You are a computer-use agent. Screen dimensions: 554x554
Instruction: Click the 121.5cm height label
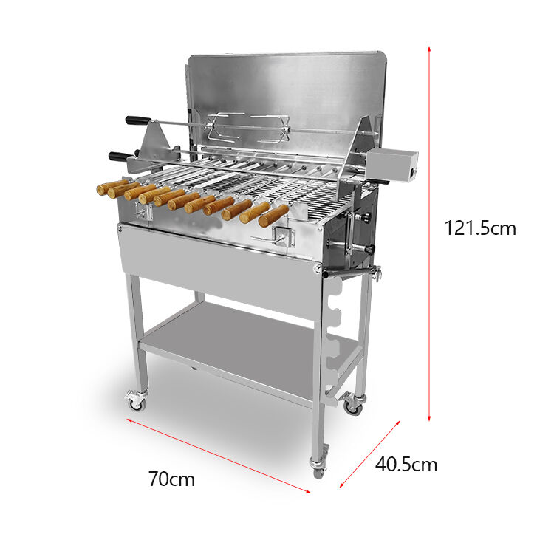pos(480,228)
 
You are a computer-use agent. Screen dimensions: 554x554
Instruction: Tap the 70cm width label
pos(171,479)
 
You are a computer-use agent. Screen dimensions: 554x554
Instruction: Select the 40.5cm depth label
pos(406,465)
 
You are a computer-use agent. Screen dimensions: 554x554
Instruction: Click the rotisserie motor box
pos(393,165)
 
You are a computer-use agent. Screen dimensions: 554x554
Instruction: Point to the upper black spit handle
pos(138,120)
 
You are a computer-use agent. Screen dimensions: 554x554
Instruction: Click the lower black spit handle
pos(121,156)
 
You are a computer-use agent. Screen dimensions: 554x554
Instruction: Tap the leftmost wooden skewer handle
pos(112,187)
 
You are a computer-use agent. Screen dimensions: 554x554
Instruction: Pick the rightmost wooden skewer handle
pos(273,216)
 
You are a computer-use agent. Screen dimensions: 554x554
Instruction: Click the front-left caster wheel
pos(136,401)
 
